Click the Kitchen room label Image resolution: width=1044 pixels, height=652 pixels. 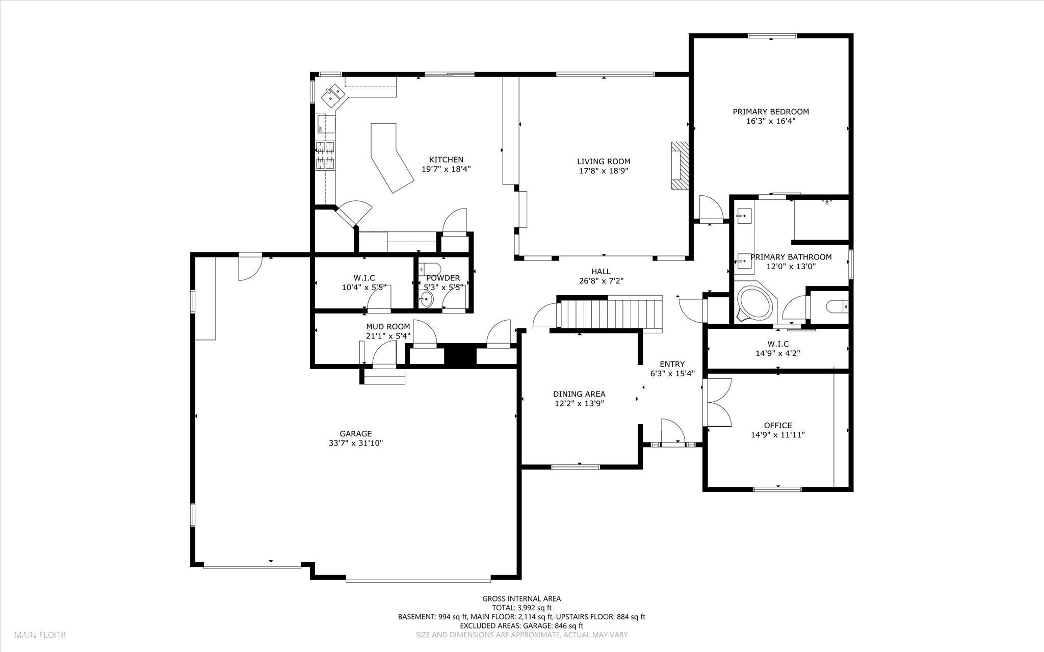[446, 160]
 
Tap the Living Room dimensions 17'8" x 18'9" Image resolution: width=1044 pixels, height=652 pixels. [604, 171]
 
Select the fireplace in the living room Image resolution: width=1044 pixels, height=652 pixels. [679, 166]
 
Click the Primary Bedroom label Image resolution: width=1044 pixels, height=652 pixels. [770, 112]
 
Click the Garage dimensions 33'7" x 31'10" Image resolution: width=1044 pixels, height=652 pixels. [356, 444]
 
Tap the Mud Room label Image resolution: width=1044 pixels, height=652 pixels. [387, 327]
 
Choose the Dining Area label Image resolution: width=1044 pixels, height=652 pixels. [579, 394]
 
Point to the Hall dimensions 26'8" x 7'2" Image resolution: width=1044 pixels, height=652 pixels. [601, 281]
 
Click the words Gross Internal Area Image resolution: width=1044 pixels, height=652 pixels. [521, 598]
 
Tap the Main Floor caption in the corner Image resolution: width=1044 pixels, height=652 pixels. [40, 635]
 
